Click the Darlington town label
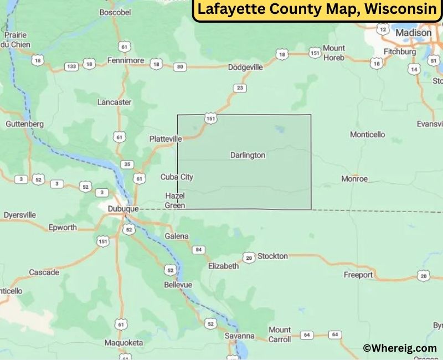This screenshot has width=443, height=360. tap(248, 156)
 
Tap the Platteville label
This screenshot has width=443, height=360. tap(165, 139)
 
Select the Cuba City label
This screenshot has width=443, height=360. tap(177, 177)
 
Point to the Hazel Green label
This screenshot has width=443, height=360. tap(174, 200)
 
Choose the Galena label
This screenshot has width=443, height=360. tap(177, 236)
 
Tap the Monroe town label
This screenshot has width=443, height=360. tap(354, 179)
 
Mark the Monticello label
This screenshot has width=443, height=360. tap(367, 135)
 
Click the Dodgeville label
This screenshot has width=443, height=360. tap(245, 67)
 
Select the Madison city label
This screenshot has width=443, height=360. tap(413, 33)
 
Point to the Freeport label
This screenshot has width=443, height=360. tap(358, 275)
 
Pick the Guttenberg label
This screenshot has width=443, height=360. tap(24, 124)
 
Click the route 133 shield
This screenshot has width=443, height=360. tap(71, 66)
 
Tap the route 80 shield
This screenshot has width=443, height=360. tap(179, 67)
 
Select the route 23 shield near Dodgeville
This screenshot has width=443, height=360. tap(240, 88)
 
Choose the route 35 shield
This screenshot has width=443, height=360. tap(127, 164)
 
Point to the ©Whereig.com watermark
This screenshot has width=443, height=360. tap(399, 348)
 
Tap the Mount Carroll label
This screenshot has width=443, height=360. tap(280, 335)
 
